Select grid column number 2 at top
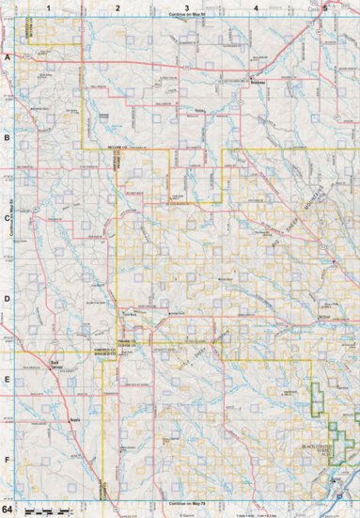[118, 8]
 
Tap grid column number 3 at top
[188, 8]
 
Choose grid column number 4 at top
[257, 8]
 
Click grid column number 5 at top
[325, 8]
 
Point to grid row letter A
[8, 57]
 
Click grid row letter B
[8, 138]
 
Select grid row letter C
[8, 219]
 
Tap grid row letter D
[8, 300]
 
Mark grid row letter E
[8, 381]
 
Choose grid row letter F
[8, 461]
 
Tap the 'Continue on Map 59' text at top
[188, 16]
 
